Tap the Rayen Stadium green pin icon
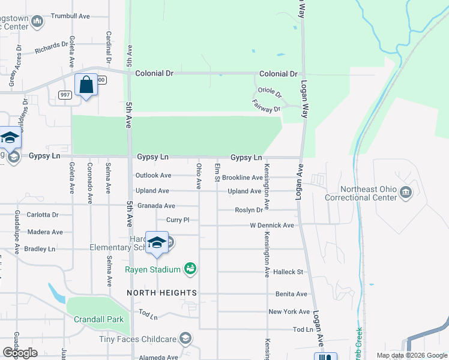190,269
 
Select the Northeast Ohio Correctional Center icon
406,192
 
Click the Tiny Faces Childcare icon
185,338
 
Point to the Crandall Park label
98,320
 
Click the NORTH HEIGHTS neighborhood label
162,292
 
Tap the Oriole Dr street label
270,92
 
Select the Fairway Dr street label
267,107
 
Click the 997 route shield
65,95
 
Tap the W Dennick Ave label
272,226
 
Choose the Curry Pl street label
178,220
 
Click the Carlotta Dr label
43,214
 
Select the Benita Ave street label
291,294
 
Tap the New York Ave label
289,311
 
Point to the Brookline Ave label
243,178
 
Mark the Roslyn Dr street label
249,210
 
